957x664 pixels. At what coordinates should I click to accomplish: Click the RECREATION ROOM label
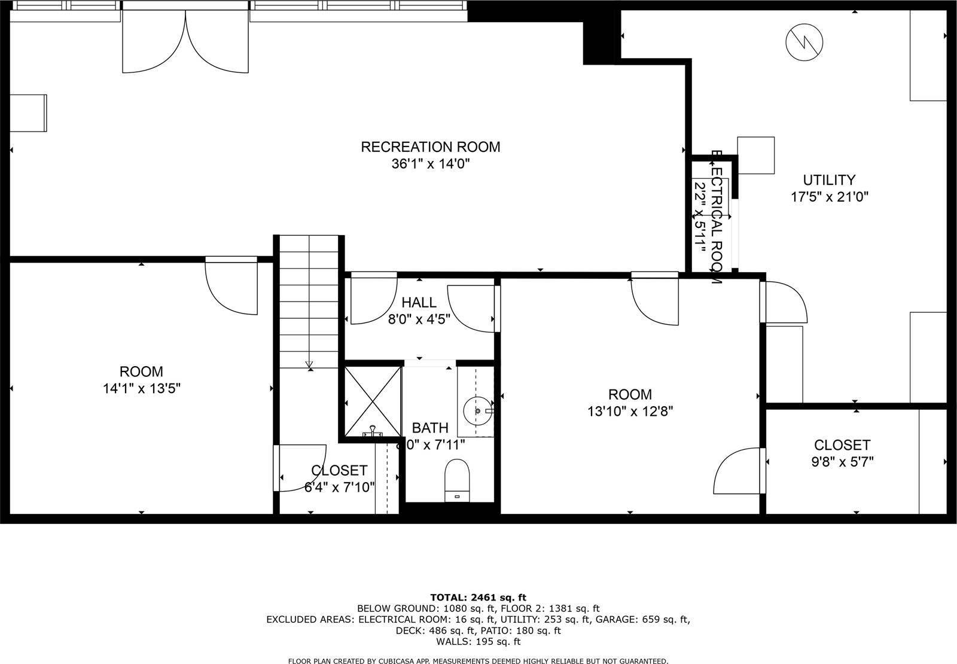tap(430, 147)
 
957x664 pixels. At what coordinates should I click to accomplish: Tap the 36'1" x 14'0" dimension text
tap(430, 164)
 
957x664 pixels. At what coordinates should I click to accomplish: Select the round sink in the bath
tap(477, 411)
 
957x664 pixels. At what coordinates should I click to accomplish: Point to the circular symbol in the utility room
tap(804, 41)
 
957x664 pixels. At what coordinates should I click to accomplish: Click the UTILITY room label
tap(828, 179)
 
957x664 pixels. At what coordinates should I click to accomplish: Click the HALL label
tap(419, 303)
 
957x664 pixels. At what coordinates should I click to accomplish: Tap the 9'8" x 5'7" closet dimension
tap(842, 462)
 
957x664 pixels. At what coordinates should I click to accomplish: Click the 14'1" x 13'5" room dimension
tap(141, 388)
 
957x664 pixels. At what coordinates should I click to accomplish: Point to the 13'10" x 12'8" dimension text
tap(630, 412)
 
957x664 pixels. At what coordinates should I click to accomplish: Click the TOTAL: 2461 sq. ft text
tap(478, 597)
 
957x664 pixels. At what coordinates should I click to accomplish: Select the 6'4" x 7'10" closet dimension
tap(339, 487)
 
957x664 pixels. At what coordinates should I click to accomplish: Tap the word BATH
tap(430, 428)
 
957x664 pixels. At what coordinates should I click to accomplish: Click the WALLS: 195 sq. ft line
tap(478, 641)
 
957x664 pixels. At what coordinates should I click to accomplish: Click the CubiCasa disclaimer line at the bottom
tap(478, 660)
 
